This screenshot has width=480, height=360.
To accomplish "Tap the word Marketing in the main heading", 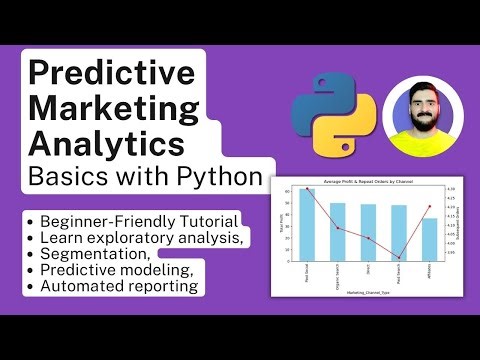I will [x=108, y=109].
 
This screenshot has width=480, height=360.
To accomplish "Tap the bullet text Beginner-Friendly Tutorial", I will [x=139, y=220].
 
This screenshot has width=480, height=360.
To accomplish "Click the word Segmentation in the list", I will [x=95, y=253].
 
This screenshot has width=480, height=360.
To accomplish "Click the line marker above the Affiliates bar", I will [x=429, y=207].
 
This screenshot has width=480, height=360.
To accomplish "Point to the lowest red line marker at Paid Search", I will [x=399, y=258].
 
